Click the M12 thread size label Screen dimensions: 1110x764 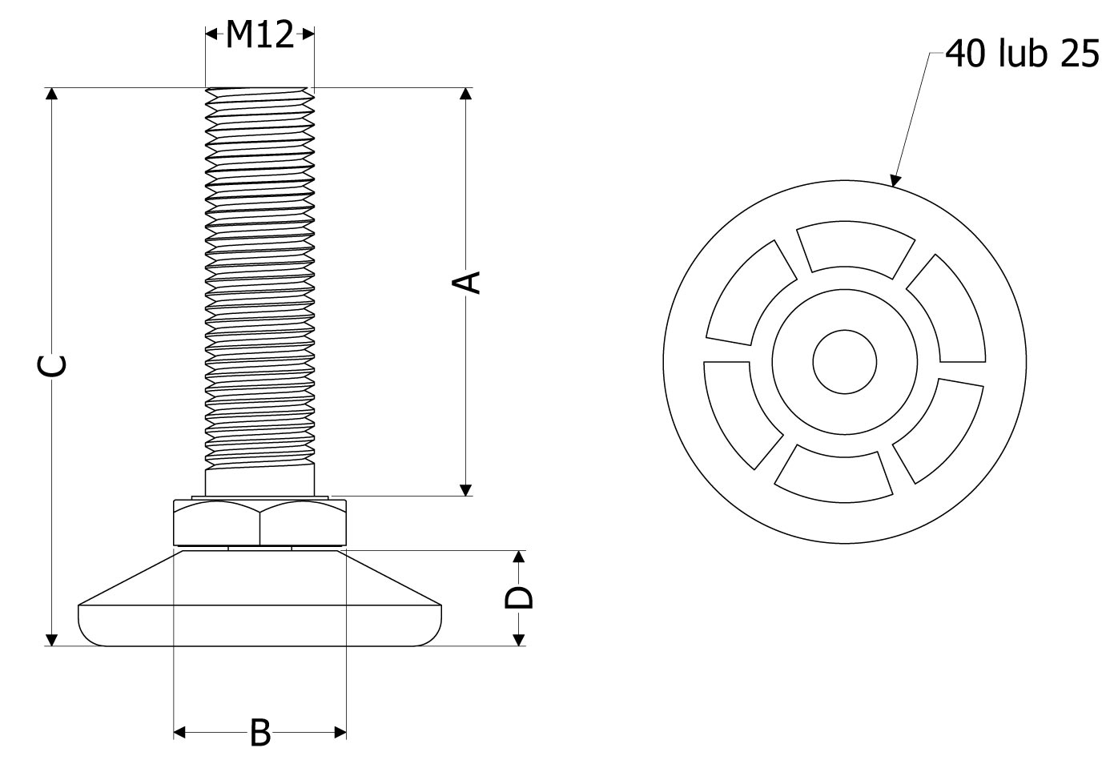259,34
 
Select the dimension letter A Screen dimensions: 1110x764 466,283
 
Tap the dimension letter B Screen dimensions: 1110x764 260,733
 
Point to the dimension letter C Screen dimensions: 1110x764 51,366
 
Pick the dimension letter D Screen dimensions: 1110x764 518,598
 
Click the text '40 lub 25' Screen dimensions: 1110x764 1022,54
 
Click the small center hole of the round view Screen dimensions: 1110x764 844,362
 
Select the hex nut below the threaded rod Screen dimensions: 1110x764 259,523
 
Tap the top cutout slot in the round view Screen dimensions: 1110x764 855,249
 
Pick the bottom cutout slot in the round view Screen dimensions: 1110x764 834,475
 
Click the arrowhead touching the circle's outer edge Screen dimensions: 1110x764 895,181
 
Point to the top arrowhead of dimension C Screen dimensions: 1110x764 51,94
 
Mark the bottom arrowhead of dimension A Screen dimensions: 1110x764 466,490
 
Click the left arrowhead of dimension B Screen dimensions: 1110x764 179,732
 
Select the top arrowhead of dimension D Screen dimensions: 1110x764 518,557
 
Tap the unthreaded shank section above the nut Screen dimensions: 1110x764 259,480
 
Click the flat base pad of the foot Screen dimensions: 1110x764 259,625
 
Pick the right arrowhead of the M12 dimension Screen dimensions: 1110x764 308,34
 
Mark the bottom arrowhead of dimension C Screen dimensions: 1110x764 51,640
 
